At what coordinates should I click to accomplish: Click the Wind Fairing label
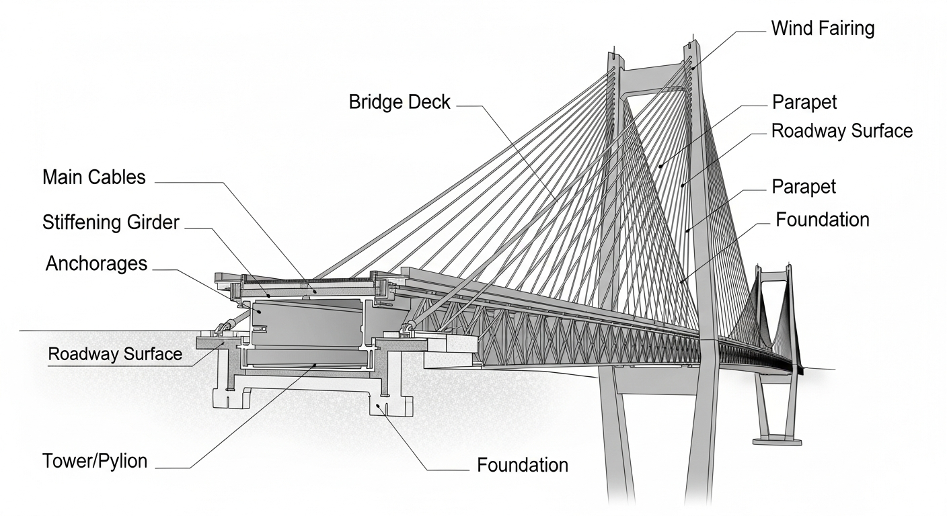point(823,29)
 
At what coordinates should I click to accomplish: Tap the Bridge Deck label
point(400,102)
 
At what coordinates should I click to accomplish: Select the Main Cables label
point(94,177)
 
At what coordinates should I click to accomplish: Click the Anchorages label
point(96,264)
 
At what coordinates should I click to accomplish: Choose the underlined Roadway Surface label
point(115,354)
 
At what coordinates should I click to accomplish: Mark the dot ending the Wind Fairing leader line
point(693,68)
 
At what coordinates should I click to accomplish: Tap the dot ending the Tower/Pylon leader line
point(315,365)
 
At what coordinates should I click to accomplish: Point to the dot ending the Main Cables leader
point(315,291)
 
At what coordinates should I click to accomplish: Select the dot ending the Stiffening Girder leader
point(269,296)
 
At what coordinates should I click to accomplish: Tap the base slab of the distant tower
point(777,442)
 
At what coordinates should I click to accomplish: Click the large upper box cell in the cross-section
point(307,322)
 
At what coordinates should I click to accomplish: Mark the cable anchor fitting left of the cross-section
point(224,328)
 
